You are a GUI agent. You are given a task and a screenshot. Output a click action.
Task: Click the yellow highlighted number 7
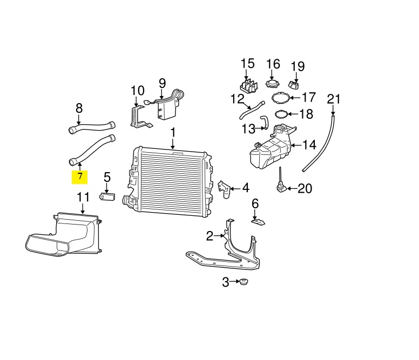pos(79,178)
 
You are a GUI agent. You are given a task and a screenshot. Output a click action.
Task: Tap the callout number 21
pos(334,99)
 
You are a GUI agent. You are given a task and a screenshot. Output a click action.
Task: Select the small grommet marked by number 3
pos(243,282)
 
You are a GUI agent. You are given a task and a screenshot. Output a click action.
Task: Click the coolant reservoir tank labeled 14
pos(271,149)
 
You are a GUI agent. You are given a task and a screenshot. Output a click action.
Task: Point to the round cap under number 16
pos(273,83)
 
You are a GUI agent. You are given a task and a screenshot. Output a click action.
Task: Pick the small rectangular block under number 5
pos(107,196)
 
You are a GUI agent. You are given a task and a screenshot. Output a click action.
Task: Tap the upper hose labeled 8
pos(92,127)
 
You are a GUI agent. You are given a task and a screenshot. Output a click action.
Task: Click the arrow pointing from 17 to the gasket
pos(294,98)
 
